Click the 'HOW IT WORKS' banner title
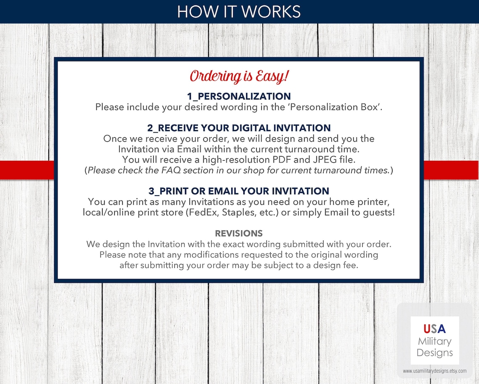coord(239,12)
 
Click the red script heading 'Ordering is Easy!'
coord(239,76)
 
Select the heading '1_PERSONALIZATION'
coord(239,97)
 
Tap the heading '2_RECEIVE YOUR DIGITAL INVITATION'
coord(239,128)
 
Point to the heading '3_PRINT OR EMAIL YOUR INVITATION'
coord(239,191)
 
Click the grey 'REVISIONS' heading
coord(239,233)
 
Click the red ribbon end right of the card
coord(451,170)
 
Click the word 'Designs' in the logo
coord(435,353)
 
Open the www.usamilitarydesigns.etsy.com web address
coord(435,371)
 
